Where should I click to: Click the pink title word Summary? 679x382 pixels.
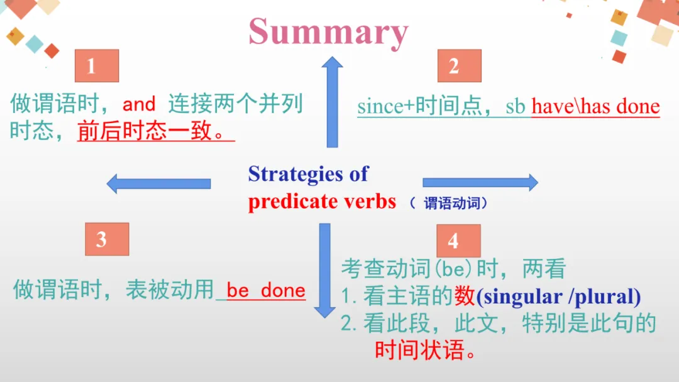point(328,31)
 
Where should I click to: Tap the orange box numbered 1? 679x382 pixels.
point(96,66)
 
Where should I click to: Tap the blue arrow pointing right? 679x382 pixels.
point(480,183)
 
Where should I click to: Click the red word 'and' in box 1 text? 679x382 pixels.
point(139,104)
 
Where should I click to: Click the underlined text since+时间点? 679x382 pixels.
point(416,107)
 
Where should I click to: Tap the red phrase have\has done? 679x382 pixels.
point(595,107)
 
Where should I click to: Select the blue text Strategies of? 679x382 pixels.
point(308,174)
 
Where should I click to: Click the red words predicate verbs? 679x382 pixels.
point(322,201)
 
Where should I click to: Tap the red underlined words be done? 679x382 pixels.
point(266,290)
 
